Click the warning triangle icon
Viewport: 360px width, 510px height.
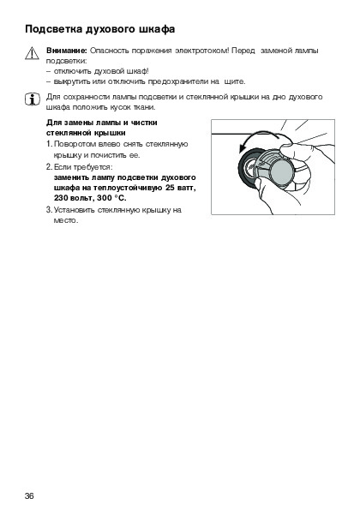[32, 53]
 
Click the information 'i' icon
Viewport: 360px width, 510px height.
[33, 99]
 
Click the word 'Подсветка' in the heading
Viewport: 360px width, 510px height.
[54, 29]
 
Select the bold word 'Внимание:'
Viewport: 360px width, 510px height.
[67, 51]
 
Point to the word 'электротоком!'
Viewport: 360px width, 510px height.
[202, 51]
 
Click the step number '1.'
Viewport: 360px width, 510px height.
[49, 144]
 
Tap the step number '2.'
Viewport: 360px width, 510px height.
[49, 167]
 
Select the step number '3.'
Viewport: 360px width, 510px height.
[49, 210]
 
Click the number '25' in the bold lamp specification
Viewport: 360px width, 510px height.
[171, 188]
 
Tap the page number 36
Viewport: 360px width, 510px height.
[29, 496]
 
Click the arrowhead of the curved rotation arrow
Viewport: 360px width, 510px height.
[242, 148]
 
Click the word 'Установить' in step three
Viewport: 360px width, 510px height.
[75, 210]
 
